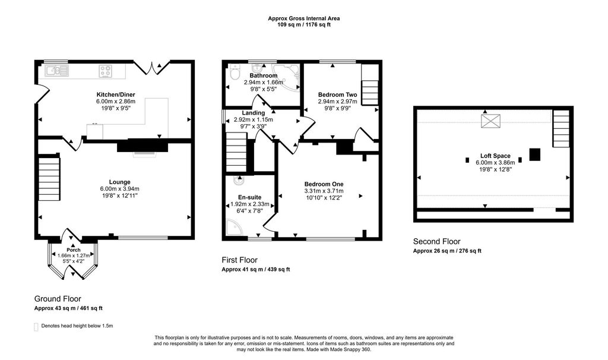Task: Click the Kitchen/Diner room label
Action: (x=115, y=94)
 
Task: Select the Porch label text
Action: (x=74, y=250)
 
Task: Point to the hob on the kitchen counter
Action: (x=106, y=71)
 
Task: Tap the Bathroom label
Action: (x=263, y=76)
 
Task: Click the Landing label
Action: (x=253, y=113)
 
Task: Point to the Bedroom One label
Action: (x=324, y=184)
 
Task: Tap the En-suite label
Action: (x=249, y=197)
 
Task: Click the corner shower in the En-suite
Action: (x=233, y=228)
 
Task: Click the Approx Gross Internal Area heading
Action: (x=304, y=18)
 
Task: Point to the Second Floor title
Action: (x=437, y=242)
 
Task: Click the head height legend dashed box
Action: (x=37, y=326)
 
